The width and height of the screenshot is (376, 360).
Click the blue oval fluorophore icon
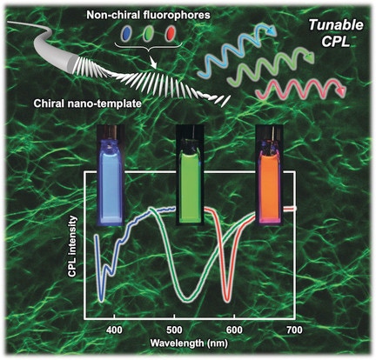click(126, 34)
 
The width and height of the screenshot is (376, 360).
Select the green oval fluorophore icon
click(148, 34)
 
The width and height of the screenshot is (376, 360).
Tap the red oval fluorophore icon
click(170, 34)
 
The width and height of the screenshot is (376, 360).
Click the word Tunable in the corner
click(336, 25)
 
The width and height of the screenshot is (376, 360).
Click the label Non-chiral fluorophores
click(148, 15)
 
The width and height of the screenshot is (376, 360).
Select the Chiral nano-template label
click(87, 103)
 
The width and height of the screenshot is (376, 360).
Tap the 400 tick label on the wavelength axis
click(115, 330)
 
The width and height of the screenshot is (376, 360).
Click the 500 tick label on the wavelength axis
click(174, 330)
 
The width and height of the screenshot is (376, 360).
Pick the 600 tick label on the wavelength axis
click(234, 330)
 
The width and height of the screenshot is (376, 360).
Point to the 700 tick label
click(293, 330)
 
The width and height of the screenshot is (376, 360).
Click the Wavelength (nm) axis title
click(189, 343)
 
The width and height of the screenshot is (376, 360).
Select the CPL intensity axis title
click(73, 246)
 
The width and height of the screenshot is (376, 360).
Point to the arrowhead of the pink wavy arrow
click(340, 90)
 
